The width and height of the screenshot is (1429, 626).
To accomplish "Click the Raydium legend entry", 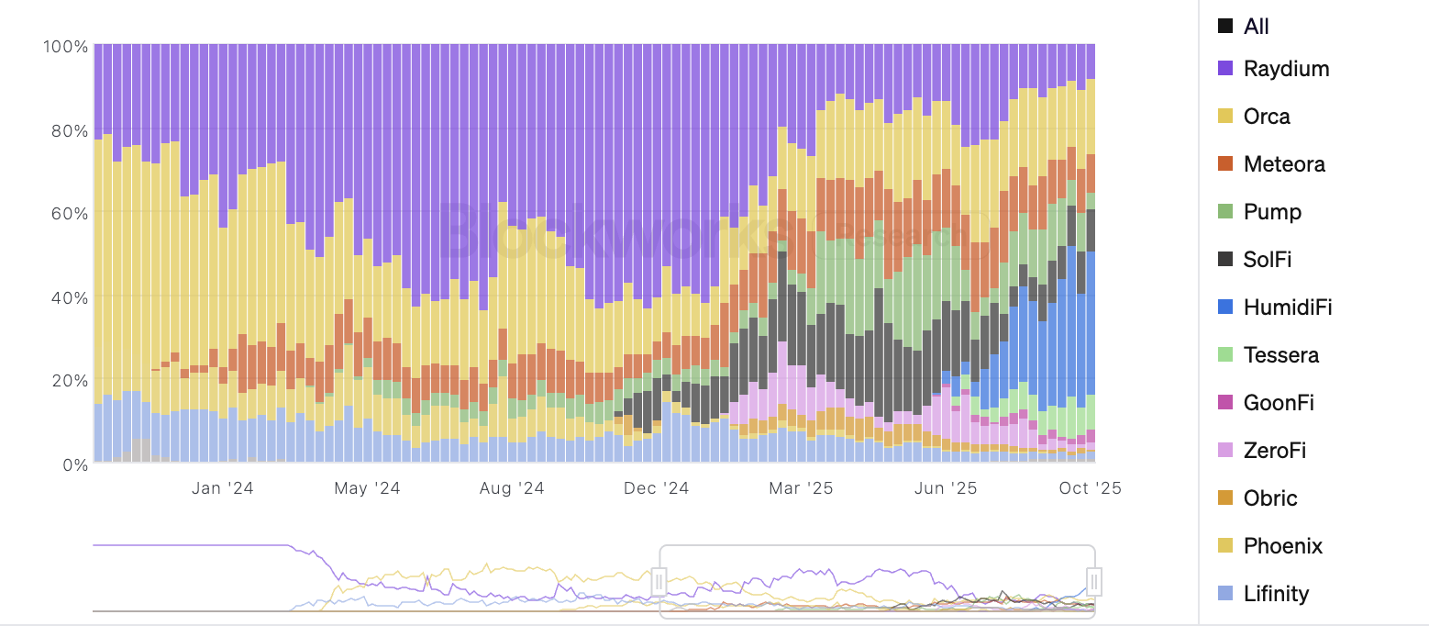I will tap(1286, 69).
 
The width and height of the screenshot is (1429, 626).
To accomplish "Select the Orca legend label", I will tap(1267, 117).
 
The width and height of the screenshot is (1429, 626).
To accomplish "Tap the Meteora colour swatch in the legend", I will tap(1225, 164).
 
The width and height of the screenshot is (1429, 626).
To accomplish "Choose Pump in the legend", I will tap(1272, 212).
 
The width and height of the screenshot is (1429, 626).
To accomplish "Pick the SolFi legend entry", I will tap(1268, 260).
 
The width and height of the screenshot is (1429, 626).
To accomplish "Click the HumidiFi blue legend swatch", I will tap(1225, 307).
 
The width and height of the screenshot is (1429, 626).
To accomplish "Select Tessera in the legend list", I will tap(1280, 355).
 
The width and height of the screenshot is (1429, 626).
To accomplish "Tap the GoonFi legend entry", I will tap(1279, 403).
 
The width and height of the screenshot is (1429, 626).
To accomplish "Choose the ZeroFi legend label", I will tap(1275, 451).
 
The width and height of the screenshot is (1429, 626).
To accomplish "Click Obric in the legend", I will tap(1270, 498).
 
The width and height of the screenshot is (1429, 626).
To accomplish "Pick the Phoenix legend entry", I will tap(1282, 546).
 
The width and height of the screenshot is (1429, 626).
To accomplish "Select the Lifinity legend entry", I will tap(1276, 594).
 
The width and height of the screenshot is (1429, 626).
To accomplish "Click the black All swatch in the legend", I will tap(1225, 27).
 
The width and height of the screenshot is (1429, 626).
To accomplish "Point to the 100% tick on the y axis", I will tap(65, 46).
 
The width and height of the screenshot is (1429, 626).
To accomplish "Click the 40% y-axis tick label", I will tap(68, 297).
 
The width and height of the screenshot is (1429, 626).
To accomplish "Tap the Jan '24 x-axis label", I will tap(222, 488).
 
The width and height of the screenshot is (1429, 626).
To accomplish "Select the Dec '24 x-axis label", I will tap(655, 488).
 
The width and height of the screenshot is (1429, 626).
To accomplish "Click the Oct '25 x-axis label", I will tap(1090, 488).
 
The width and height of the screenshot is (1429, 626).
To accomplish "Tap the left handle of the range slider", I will tap(659, 582).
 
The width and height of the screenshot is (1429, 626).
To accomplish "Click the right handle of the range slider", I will tap(1094, 582).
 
